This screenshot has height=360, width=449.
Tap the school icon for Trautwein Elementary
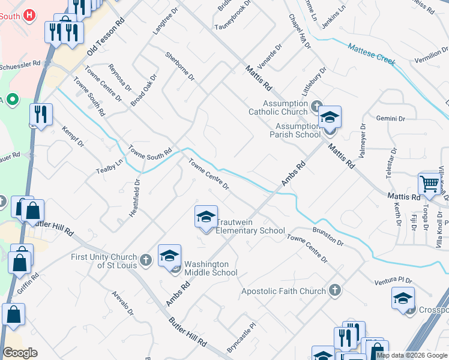tap(206, 217)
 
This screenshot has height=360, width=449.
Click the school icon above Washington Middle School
tap(169, 256)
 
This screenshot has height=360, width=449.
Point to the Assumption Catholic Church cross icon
tap(318, 107)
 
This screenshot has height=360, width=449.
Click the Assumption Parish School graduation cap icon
tap(330, 117)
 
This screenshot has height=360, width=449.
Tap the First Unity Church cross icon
tap(146, 261)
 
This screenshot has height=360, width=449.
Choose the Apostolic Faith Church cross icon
tap(335, 291)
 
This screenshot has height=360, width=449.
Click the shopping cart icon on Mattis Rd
tap(430, 185)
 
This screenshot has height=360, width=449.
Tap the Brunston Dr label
tap(328, 237)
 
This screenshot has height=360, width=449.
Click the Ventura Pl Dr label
tap(394, 280)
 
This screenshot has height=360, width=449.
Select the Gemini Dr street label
tap(390, 119)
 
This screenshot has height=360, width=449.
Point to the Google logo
tap(20, 352)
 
